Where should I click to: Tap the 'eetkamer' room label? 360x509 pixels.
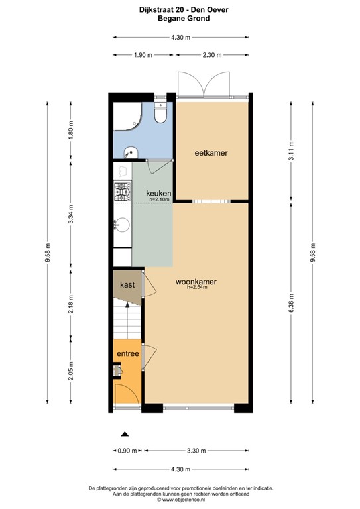[211, 153]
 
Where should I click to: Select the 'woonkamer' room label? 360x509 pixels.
[196, 282]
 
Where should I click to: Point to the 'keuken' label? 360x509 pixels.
[158, 193]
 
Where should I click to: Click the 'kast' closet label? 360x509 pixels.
[127, 284]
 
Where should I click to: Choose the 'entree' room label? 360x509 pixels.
[127, 354]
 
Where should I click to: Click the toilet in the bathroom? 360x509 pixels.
[160, 115]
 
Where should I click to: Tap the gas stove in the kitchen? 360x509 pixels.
[122, 194]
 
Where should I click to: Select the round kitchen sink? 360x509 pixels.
[121, 225]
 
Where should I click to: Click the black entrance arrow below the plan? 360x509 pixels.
[124, 435]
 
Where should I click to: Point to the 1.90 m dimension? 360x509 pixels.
[144, 55]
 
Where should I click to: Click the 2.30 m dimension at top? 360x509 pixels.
[211, 55]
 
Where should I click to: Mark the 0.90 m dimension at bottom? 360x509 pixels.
[126, 451]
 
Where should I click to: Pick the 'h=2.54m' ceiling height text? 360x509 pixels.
[196, 288]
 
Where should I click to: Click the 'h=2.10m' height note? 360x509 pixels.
[160, 199]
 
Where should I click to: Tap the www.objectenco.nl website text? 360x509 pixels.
[180, 499]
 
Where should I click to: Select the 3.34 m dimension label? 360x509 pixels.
[71, 217]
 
